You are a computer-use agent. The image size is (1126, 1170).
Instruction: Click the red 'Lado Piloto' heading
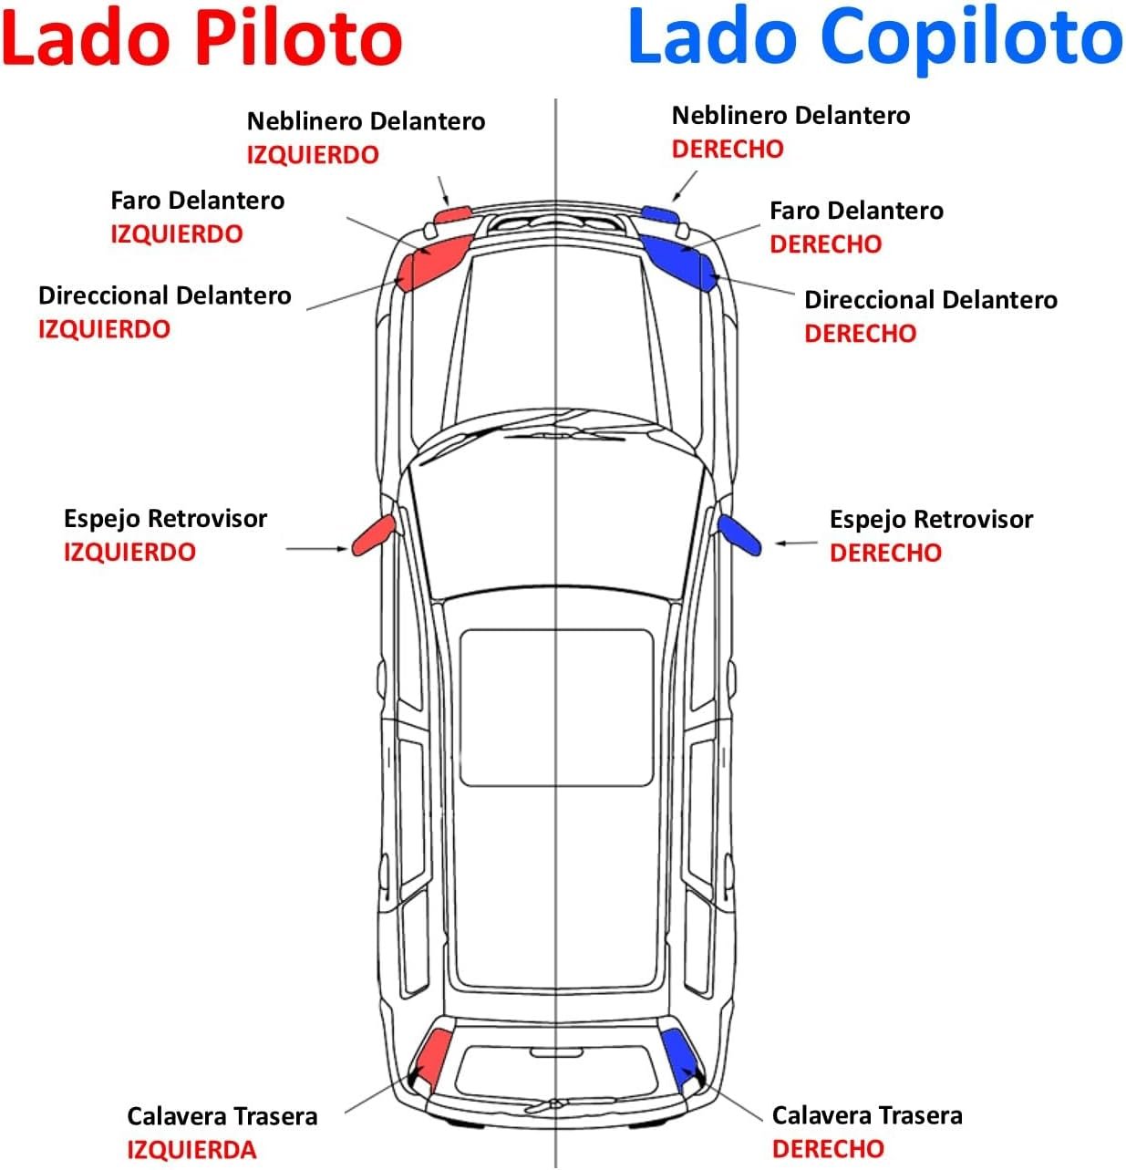(201, 38)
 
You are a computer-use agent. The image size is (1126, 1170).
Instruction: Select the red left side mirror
(374, 535)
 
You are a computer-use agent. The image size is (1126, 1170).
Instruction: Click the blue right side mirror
(739, 535)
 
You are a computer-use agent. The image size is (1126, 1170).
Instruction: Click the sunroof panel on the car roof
(556, 707)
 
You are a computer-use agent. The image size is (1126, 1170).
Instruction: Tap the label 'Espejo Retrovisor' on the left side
(165, 519)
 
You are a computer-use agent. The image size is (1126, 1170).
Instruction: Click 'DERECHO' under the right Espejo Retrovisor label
(885, 553)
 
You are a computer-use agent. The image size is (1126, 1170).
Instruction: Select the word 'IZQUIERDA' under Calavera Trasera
(191, 1149)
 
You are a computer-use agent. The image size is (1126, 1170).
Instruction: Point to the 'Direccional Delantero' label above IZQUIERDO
(165, 295)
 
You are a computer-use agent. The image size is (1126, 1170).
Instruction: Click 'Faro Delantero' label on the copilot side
(856, 211)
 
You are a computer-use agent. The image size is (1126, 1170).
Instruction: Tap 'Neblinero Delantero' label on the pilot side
(366, 121)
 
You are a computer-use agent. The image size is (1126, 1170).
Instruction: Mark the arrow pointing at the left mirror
(316, 549)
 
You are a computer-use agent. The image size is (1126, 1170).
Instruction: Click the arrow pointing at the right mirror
(796, 544)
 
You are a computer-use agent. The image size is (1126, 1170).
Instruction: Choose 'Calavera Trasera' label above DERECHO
(867, 1115)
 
